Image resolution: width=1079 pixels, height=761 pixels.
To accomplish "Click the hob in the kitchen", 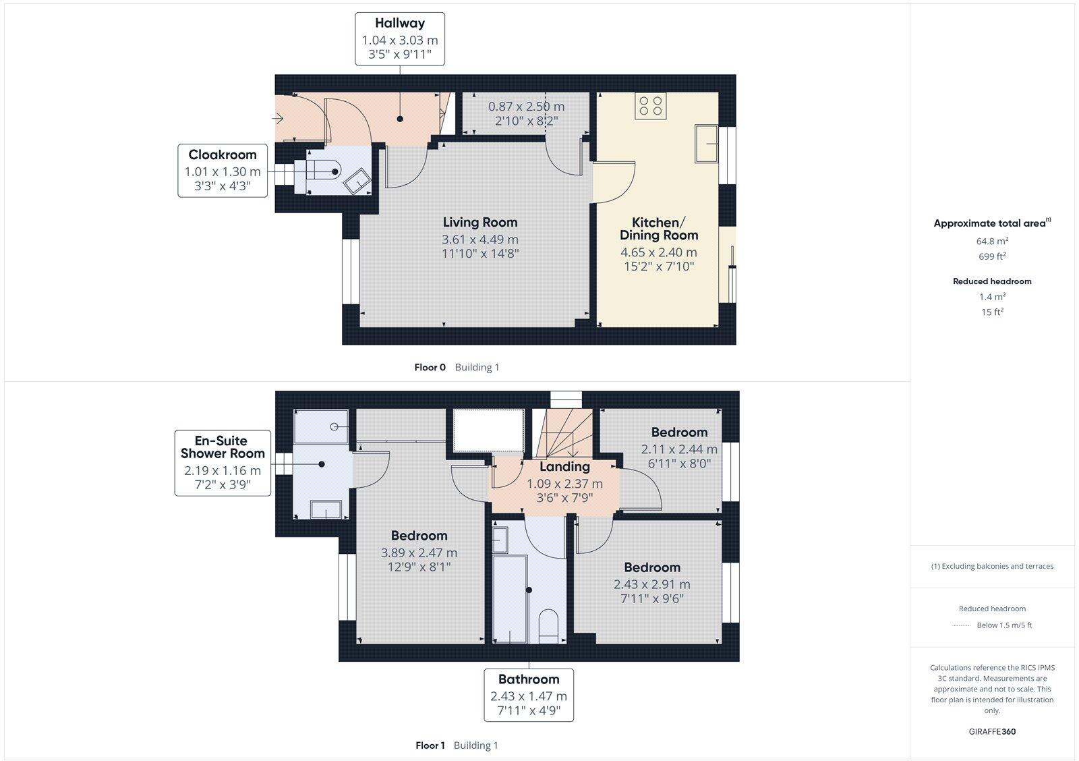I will pyautogui.click(x=651, y=106).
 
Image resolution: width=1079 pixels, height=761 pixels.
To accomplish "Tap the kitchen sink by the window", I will pyautogui.click(x=706, y=143).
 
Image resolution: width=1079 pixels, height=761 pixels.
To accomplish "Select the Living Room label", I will pyautogui.click(x=480, y=222).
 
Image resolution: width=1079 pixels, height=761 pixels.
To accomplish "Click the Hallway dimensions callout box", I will pyautogui.click(x=400, y=38).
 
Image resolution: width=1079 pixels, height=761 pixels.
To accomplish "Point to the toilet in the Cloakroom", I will pyautogui.click(x=324, y=171).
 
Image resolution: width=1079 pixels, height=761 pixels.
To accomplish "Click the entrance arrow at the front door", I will pyautogui.click(x=278, y=119).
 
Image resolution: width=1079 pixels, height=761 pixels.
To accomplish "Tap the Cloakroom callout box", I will pyautogui.click(x=223, y=170).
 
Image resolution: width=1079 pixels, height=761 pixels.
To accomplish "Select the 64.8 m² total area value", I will pyautogui.click(x=992, y=241).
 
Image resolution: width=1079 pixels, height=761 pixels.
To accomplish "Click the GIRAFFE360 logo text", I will pyautogui.click(x=992, y=731).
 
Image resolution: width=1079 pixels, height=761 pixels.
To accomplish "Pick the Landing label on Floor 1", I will pyautogui.click(x=564, y=466).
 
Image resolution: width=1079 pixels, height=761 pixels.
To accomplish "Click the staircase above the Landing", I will pyautogui.click(x=565, y=432).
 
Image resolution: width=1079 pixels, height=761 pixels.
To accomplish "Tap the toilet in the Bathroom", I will pyautogui.click(x=549, y=625).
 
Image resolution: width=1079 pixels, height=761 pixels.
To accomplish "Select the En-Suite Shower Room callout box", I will pyautogui.click(x=223, y=463).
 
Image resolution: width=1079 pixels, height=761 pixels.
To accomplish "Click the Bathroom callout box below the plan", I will pyautogui.click(x=529, y=695).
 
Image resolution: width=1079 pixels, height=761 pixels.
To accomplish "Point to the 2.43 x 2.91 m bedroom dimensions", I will pyautogui.click(x=651, y=584).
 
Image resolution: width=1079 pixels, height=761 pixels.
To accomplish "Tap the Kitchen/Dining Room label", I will pyautogui.click(x=658, y=229).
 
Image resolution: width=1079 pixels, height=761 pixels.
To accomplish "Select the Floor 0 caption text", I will pyautogui.click(x=430, y=367).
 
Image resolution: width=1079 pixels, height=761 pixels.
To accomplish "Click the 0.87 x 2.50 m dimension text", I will pyautogui.click(x=526, y=107).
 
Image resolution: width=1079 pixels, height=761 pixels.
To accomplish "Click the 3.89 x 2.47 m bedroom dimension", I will pyautogui.click(x=419, y=553).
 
